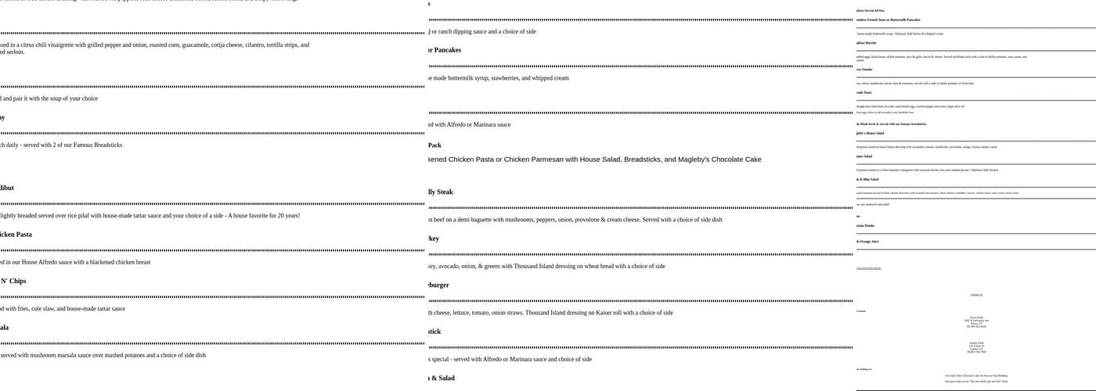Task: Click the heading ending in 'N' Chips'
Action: pyautogui.click(x=13, y=281)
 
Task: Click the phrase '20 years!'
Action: pyautogui.click(x=284, y=216)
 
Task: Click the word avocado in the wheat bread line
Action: pyautogui.click(x=456, y=266)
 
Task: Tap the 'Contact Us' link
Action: pyautogui.click(x=976, y=295)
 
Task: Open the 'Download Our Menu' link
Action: pyautogui.click(x=869, y=268)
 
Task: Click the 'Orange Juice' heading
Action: pyautogui.click(x=869, y=242)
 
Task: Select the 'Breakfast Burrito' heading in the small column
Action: pyautogui.click(x=866, y=43)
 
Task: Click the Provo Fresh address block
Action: pyautogui.click(x=976, y=321)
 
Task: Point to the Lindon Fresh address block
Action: pyautogui.click(x=976, y=347)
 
